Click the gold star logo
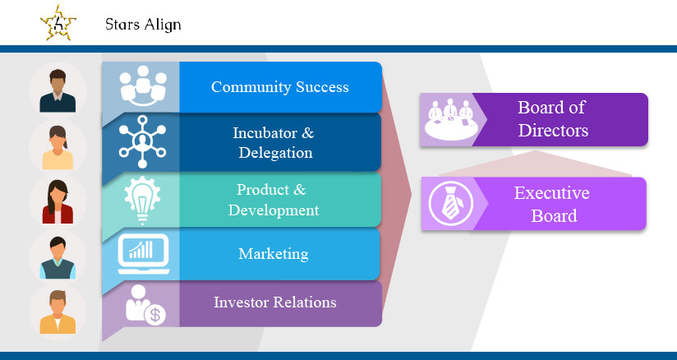58,22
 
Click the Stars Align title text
143,25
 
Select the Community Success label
280,87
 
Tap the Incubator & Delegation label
274,143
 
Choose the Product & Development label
274,200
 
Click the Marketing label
274,254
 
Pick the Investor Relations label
275,302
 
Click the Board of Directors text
553,119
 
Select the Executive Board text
552,204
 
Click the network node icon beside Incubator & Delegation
142,141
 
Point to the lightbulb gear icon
142,200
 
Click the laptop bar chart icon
143,254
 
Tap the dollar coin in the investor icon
155,315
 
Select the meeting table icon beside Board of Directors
451,119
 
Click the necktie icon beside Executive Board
451,203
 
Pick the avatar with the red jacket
58,202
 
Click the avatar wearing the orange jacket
58,312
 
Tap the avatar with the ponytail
58,147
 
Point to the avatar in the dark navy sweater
58,90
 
